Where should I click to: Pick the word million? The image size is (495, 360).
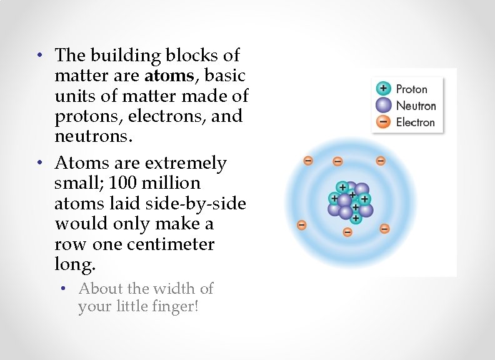168,184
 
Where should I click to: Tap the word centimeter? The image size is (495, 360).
171,244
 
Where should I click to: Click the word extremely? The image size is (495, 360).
186,163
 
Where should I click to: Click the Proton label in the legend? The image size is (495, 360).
412,89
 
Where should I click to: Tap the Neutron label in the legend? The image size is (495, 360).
416,106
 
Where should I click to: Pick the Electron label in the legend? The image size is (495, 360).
416,122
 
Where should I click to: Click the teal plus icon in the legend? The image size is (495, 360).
384,89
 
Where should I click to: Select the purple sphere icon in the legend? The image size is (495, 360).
384,105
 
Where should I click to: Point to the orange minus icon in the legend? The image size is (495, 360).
384,122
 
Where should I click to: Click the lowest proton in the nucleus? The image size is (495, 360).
356,218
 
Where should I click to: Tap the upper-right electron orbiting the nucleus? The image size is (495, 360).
381,161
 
